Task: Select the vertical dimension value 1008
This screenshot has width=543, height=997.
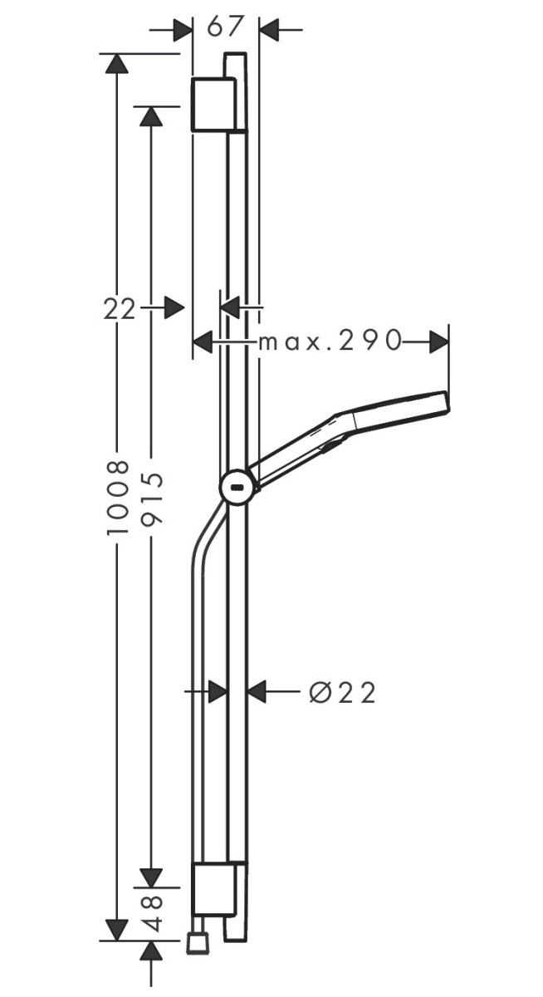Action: tap(119, 496)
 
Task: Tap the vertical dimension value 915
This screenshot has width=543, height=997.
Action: tap(150, 497)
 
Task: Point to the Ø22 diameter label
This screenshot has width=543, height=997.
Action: tap(342, 691)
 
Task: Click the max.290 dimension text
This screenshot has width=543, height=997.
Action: tap(330, 341)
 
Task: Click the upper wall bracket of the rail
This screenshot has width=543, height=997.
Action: tap(217, 106)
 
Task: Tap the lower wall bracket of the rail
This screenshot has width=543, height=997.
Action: tap(217, 886)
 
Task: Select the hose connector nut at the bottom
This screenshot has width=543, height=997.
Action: tap(197, 942)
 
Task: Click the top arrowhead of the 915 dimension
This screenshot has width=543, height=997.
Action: tap(150, 116)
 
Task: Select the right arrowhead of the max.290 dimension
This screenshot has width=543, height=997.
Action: tap(438, 341)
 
